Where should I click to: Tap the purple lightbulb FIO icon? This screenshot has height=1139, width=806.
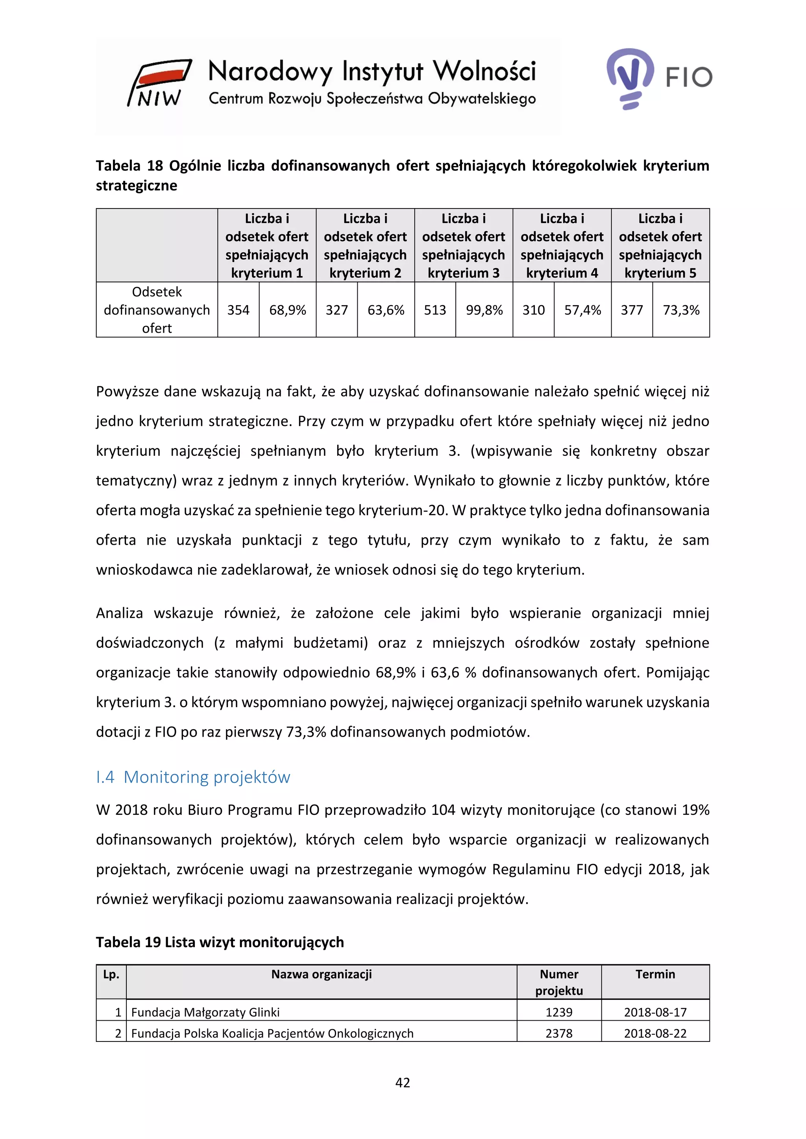point(630,78)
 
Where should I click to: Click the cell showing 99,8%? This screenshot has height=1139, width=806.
point(484,310)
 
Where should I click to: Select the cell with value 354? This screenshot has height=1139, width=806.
point(238,310)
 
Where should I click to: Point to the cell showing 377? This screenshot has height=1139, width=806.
point(632,310)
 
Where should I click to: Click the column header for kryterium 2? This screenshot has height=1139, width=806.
point(365,245)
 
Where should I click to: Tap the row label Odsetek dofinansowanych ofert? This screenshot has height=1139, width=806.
point(157,310)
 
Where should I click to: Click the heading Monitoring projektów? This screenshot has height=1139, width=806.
point(207,777)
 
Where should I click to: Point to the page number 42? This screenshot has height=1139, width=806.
point(403,1082)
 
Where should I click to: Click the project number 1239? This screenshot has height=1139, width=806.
point(559,1012)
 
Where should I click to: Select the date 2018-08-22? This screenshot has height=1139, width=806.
point(655,1033)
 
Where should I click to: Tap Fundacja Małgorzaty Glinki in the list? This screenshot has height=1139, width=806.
point(205,1012)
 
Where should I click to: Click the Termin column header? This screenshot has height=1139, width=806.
point(655,974)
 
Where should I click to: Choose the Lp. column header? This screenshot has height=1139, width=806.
point(111,974)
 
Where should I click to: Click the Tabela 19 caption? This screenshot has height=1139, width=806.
point(220,942)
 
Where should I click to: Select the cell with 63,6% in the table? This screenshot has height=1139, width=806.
point(386,310)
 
